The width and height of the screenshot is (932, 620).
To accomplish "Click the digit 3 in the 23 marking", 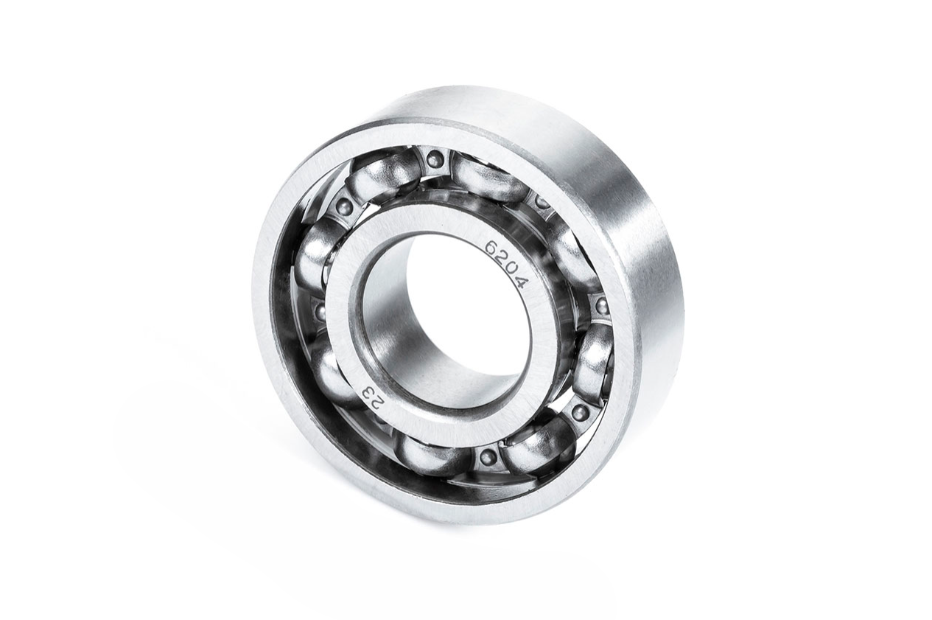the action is (x=368, y=391).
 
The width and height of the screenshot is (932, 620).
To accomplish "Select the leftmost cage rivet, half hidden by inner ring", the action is (x=320, y=310).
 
